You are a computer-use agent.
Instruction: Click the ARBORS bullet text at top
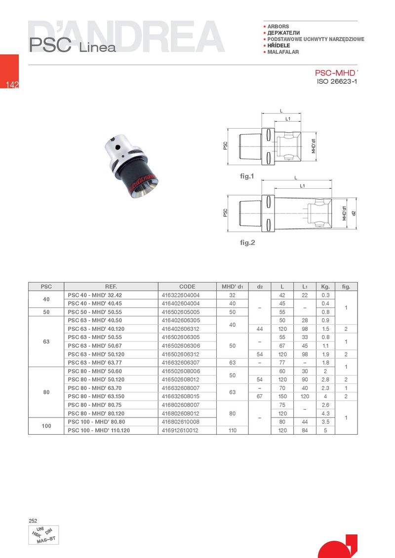(278, 26)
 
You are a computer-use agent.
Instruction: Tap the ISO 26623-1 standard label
(336, 81)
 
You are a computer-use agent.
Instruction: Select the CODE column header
(187, 286)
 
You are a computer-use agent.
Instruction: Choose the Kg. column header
(325, 286)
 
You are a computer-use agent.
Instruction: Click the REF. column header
(111, 286)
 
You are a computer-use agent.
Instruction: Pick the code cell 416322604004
(181, 295)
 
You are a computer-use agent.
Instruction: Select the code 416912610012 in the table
(181, 430)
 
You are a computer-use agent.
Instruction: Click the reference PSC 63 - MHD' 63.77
(94, 363)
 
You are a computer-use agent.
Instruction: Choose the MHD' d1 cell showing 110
(232, 430)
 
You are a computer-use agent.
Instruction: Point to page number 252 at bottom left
(33, 521)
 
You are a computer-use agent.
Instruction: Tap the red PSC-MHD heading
(335, 72)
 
